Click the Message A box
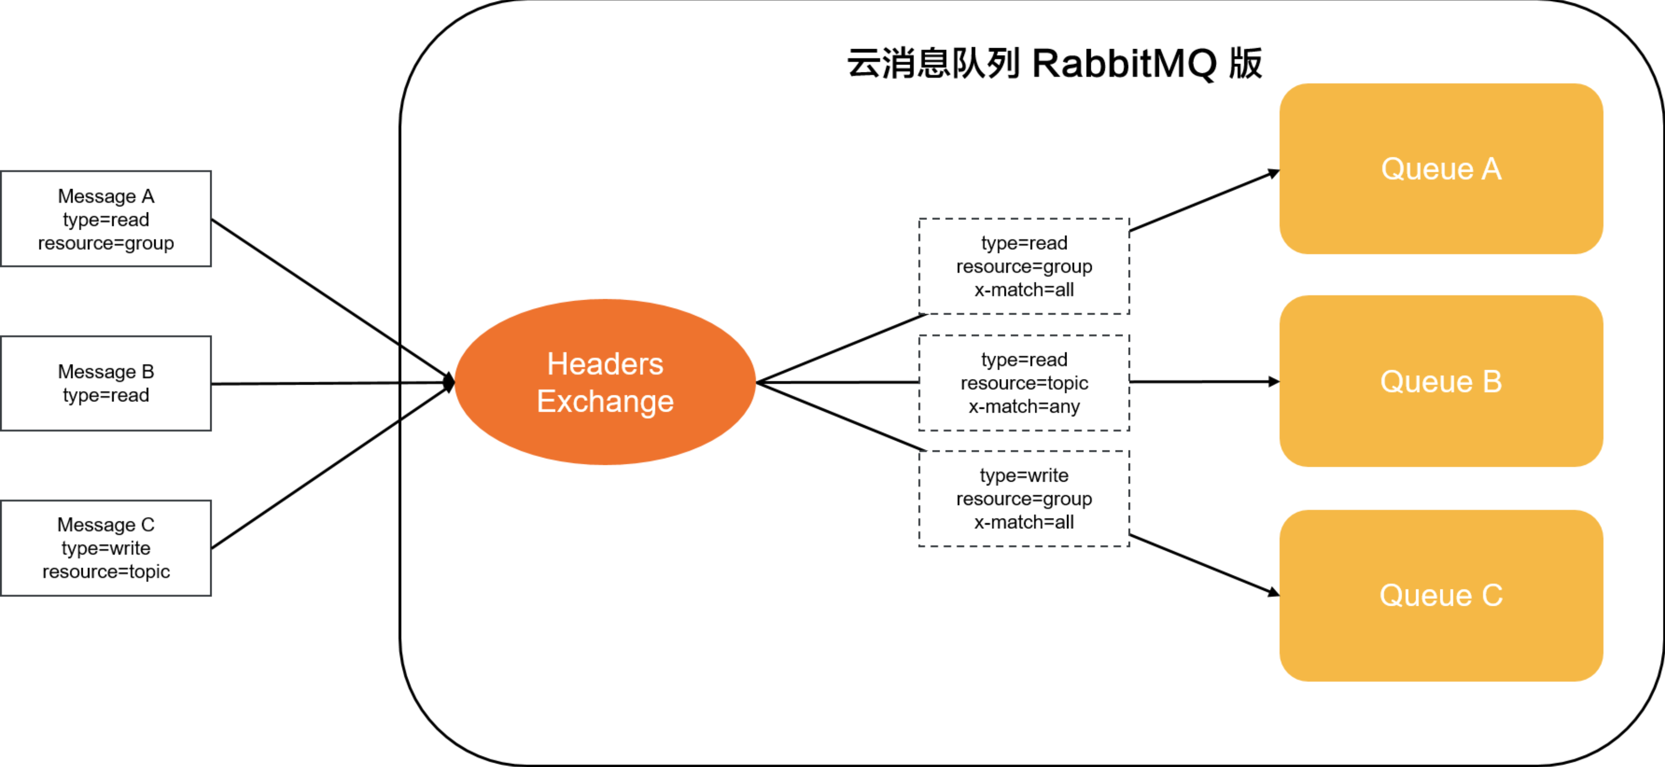point(106,219)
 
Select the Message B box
point(106,383)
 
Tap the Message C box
point(106,548)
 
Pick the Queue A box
point(1441,169)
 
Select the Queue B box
point(1441,381)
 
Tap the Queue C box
point(1441,595)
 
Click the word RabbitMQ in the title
point(1124,64)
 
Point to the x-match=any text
point(1024,407)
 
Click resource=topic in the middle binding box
point(1024,383)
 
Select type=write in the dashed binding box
point(1024,476)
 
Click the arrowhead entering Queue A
point(1273,173)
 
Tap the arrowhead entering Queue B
point(1273,382)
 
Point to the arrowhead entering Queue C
point(1273,592)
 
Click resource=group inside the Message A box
point(106,243)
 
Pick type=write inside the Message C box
point(106,548)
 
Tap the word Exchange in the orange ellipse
point(605,401)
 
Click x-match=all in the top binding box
point(1024,290)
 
